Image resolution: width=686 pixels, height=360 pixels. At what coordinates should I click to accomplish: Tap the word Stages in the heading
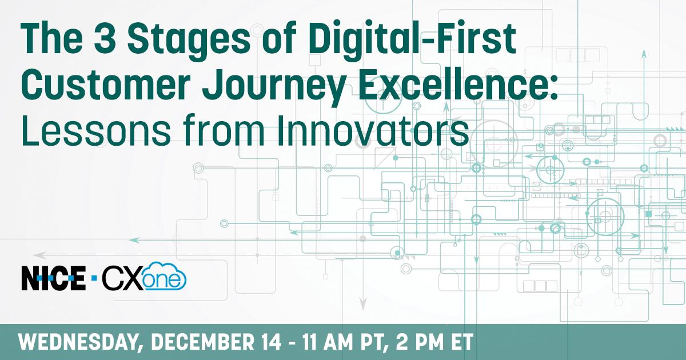tap(189, 42)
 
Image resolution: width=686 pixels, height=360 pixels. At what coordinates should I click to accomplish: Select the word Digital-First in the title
tap(412, 40)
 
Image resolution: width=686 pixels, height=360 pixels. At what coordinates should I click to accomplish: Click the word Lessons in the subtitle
tap(95, 130)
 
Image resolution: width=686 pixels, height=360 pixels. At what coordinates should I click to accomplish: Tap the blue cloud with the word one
tap(165, 276)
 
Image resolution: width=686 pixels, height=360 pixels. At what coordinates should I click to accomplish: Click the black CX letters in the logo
tap(123, 278)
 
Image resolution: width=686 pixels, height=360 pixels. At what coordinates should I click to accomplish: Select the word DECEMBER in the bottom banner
tap(202, 342)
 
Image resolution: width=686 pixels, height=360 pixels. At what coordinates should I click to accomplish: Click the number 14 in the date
tap(271, 342)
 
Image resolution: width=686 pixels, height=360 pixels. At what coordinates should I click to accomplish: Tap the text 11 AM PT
tap(341, 342)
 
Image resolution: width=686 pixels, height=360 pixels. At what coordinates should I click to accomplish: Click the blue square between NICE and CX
tap(94, 278)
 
